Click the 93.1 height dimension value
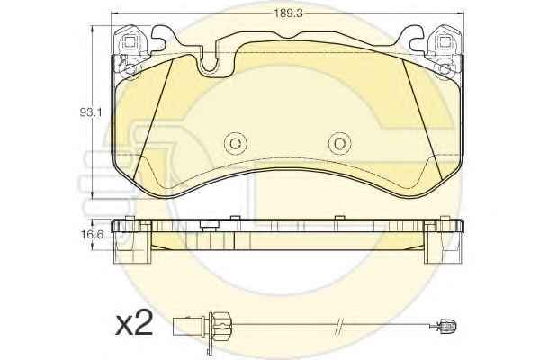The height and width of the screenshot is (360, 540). [90, 112]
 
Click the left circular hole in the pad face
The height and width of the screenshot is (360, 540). [235, 143]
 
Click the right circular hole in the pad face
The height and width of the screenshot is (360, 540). [339, 143]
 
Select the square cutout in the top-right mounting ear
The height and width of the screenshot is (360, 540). [445, 42]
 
